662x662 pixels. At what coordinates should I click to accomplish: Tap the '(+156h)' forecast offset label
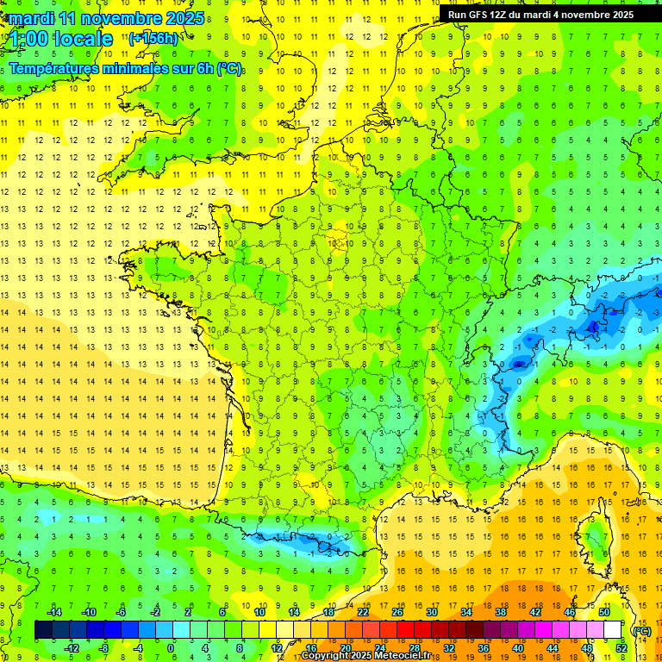(x=153, y=38)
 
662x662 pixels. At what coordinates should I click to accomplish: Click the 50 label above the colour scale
(x=604, y=612)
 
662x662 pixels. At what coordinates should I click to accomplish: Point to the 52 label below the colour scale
(x=621, y=648)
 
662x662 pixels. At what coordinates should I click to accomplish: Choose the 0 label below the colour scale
(x=170, y=648)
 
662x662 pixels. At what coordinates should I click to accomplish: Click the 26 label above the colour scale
(x=397, y=612)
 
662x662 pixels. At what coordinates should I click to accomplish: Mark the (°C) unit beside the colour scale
(x=641, y=631)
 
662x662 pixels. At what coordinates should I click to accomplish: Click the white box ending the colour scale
(x=613, y=630)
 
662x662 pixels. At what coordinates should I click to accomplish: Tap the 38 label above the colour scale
(x=501, y=612)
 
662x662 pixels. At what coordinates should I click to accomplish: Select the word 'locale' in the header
(x=83, y=39)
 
